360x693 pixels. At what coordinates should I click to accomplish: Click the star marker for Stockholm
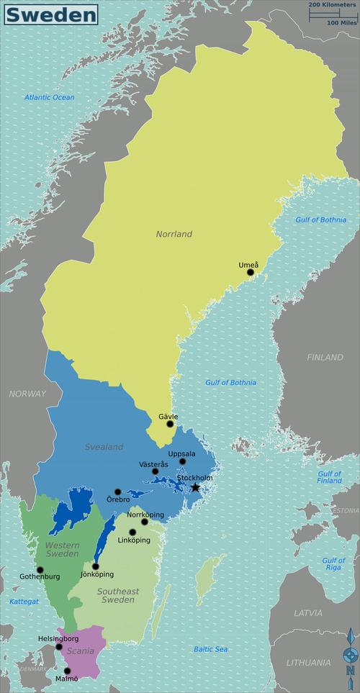coord(195,487)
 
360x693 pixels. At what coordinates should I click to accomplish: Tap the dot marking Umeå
coord(251,273)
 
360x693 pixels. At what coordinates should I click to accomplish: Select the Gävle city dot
coord(170,424)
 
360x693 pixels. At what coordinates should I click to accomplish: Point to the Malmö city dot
coord(68,671)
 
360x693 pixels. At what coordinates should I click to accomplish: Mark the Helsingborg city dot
coord(59,646)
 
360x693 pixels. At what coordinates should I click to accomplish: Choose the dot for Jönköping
coord(96,566)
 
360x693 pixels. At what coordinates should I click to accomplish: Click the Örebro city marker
coord(118,492)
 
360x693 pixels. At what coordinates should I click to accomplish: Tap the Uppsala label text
coord(181,453)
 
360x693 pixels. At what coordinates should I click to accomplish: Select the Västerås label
coord(153,464)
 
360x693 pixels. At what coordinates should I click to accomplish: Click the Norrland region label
coord(174,234)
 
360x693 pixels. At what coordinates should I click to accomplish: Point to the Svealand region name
coord(104,447)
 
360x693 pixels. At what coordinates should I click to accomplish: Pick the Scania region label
coord(81,651)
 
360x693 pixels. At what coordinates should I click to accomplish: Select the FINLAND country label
coord(325,357)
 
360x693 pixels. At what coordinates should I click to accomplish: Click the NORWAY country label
coord(27,394)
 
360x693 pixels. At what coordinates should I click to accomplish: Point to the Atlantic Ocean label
coord(49,97)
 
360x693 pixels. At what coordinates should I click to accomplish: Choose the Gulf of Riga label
coord(333,563)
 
